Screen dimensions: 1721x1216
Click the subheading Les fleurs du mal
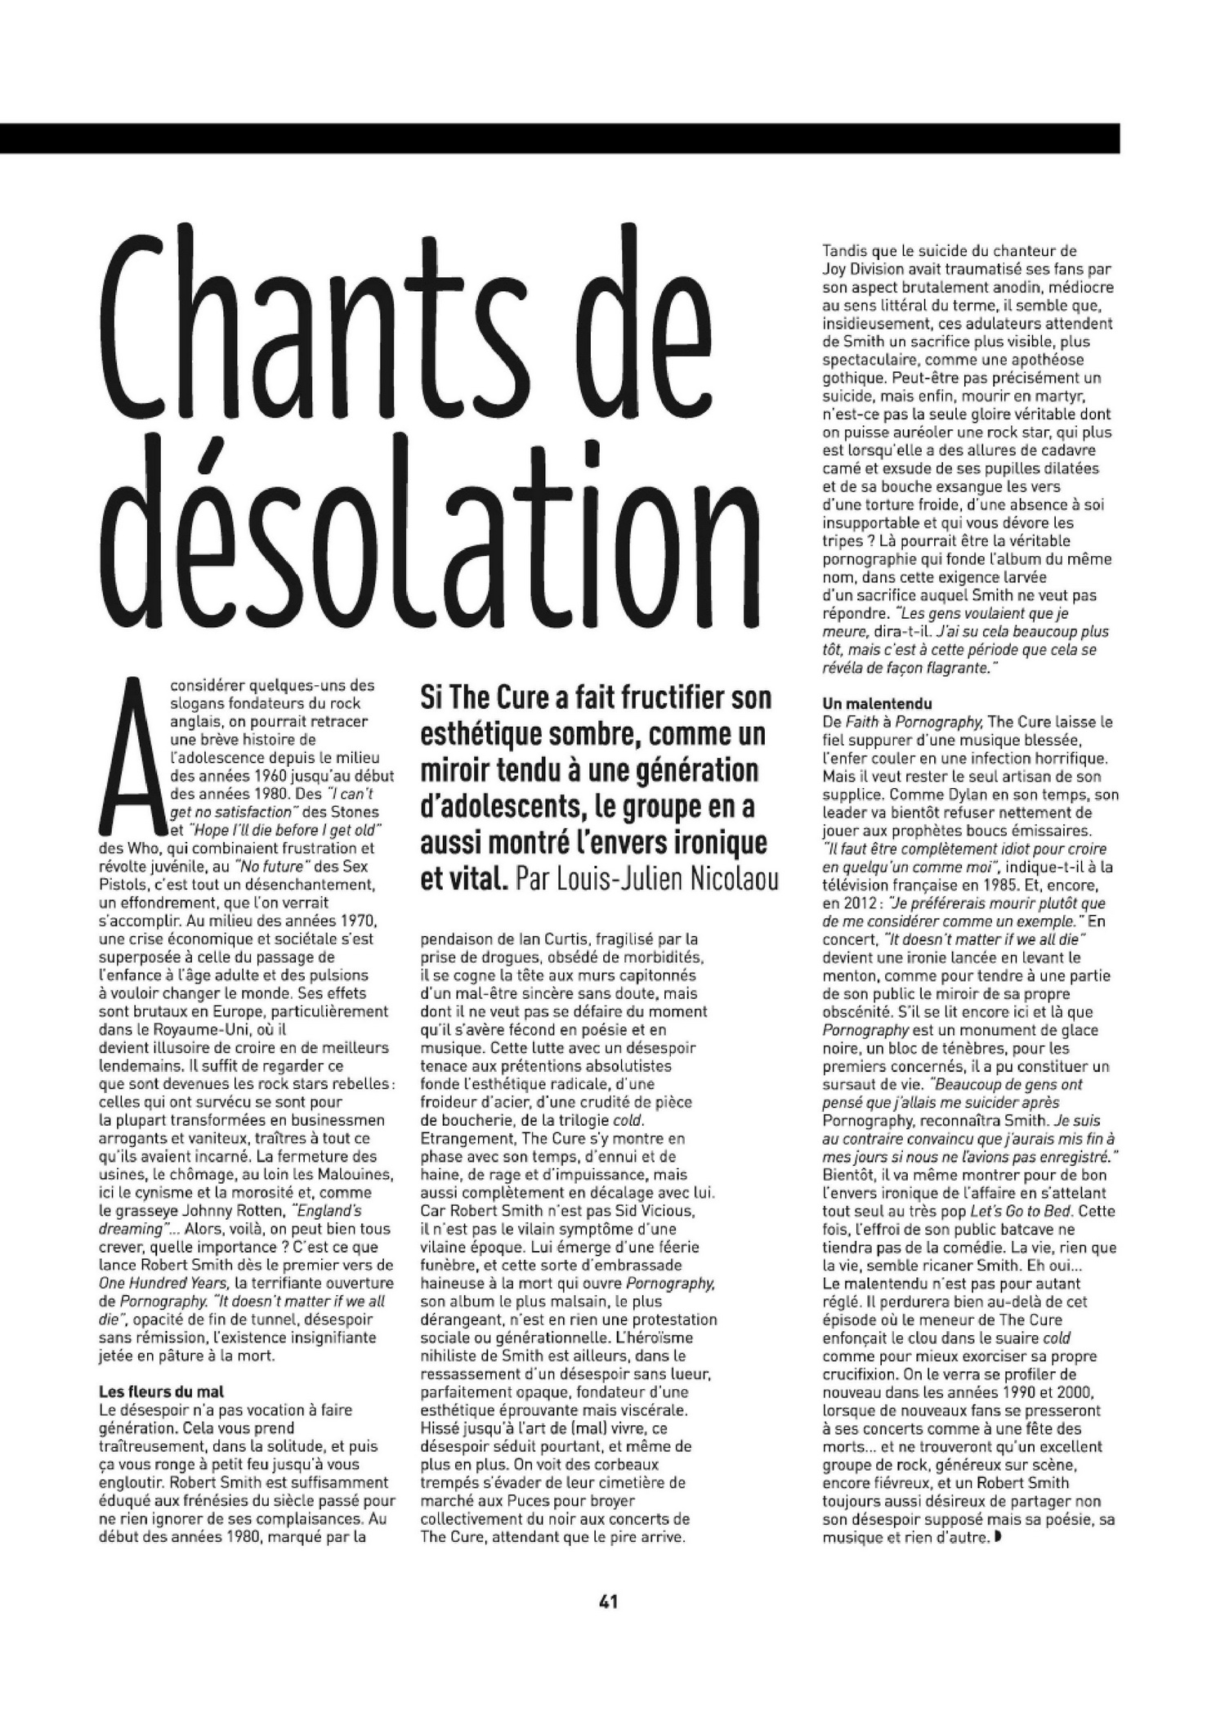(161, 1390)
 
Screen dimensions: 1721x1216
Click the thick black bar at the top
(559, 138)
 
